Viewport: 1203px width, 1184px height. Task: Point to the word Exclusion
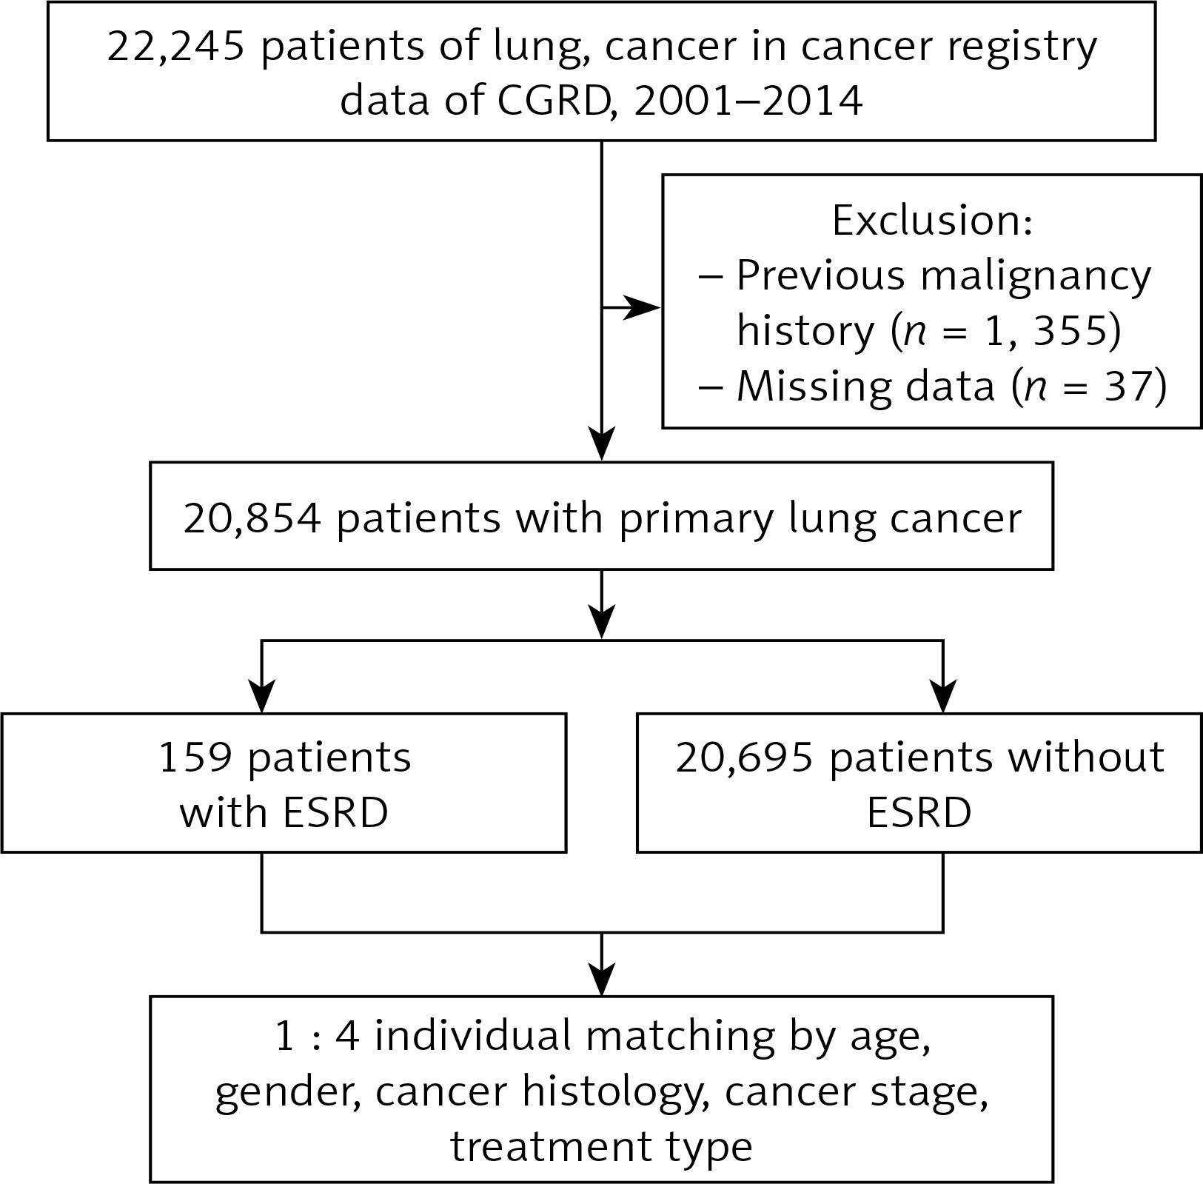(x=932, y=220)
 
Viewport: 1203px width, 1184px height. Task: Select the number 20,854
(x=252, y=519)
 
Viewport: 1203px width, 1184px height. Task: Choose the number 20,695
(x=744, y=759)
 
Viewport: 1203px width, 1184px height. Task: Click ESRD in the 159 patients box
(x=335, y=813)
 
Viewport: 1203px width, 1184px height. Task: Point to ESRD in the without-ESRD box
(x=919, y=813)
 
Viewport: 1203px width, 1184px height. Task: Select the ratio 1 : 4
(x=317, y=1036)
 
